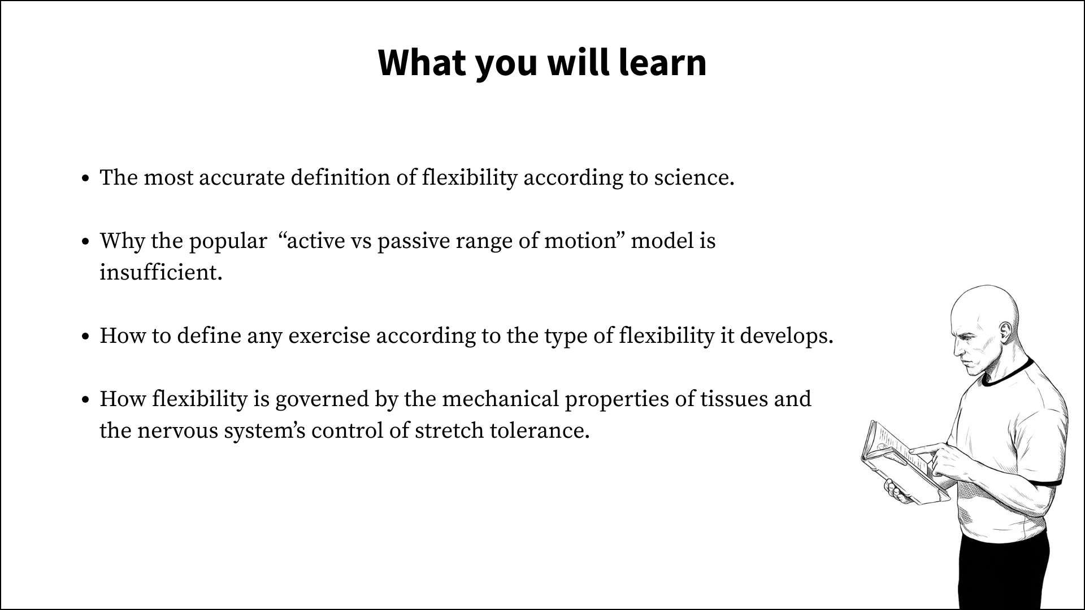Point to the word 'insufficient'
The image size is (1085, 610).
160,272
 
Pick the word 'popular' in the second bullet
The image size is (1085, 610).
228,242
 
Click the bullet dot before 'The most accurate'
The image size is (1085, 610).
86,179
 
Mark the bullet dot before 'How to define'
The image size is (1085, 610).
86,337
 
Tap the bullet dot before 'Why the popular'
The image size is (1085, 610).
86,242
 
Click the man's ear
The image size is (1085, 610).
1005,332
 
